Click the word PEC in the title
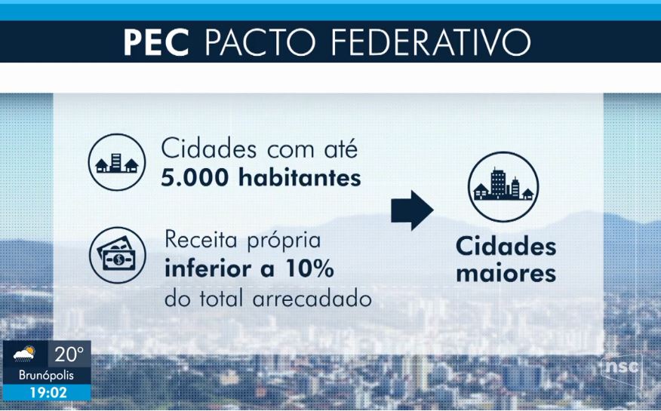156,42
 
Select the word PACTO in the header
260,42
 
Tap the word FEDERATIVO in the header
431,42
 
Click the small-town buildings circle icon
117,162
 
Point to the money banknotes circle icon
118,255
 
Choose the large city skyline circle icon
503,186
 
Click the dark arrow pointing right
412,210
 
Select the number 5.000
195,178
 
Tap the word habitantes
300,177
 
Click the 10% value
310,268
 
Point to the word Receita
201,240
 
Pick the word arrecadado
312,299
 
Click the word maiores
506,274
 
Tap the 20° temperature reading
69,354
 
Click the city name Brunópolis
46,376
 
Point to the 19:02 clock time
48,393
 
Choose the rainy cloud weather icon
24,354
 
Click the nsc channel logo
622,366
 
